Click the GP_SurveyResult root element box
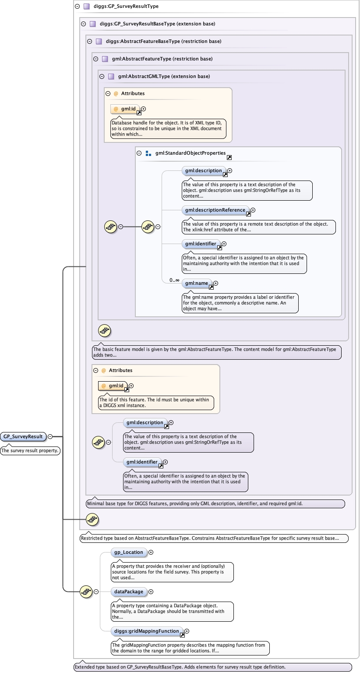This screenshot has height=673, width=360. pyautogui.click(x=23, y=436)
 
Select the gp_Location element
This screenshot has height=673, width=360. pyautogui.click(x=129, y=552)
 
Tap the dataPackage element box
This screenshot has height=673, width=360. pyautogui.click(x=129, y=592)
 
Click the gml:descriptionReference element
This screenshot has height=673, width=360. pyautogui.click(x=215, y=210)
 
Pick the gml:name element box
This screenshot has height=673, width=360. pyautogui.click(x=196, y=283)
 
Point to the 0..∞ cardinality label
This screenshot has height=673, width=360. pyautogui.click(x=174, y=280)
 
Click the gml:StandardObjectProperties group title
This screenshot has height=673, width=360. pyautogui.click(x=190, y=153)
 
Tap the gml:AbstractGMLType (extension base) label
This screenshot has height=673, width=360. pyautogui.click(x=164, y=76)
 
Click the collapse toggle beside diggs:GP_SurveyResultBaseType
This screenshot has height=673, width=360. pyautogui.click(x=84, y=24)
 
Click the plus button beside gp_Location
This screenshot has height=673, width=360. pyautogui.click(x=151, y=553)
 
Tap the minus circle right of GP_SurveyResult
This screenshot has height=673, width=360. pyautogui.click(x=50, y=436)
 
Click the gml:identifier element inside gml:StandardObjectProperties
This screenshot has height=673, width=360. pyautogui.click(x=200, y=244)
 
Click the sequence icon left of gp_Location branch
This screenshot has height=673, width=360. pyautogui.click(x=86, y=592)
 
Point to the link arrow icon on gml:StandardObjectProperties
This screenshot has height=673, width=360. pyautogui.click(x=229, y=157)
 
